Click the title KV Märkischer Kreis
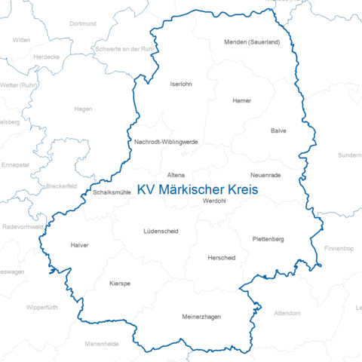pyautogui.click(x=198, y=191)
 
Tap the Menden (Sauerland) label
pyautogui.click(x=252, y=42)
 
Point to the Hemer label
pyautogui.click(x=242, y=100)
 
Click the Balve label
pyautogui.click(x=279, y=130)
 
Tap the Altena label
pyautogui.click(x=176, y=175)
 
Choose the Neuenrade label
pyautogui.click(x=265, y=175)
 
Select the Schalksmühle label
pyautogui.click(x=112, y=192)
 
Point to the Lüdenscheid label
pyautogui.click(x=161, y=231)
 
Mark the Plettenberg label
pyautogui.click(x=268, y=239)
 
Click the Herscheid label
pyautogui.click(x=221, y=258)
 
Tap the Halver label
pyautogui.click(x=79, y=245)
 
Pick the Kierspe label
pyautogui.click(x=120, y=284)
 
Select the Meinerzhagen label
pyautogui.click(x=201, y=317)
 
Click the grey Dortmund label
pyautogui.click(x=83, y=24)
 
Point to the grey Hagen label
pyautogui.click(x=83, y=109)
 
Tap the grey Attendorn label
pyautogui.click(x=287, y=312)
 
